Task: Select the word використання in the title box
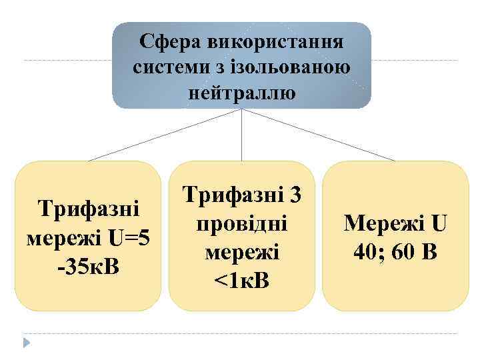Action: (x=265, y=43)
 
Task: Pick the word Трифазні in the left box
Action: (x=89, y=209)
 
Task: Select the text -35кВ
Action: (x=89, y=265)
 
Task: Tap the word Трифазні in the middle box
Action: (x=232, y=195)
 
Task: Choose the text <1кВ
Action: (x=241, y=279)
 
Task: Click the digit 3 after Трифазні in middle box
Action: (x=296, y=195)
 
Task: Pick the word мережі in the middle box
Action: (x=241, y=251)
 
